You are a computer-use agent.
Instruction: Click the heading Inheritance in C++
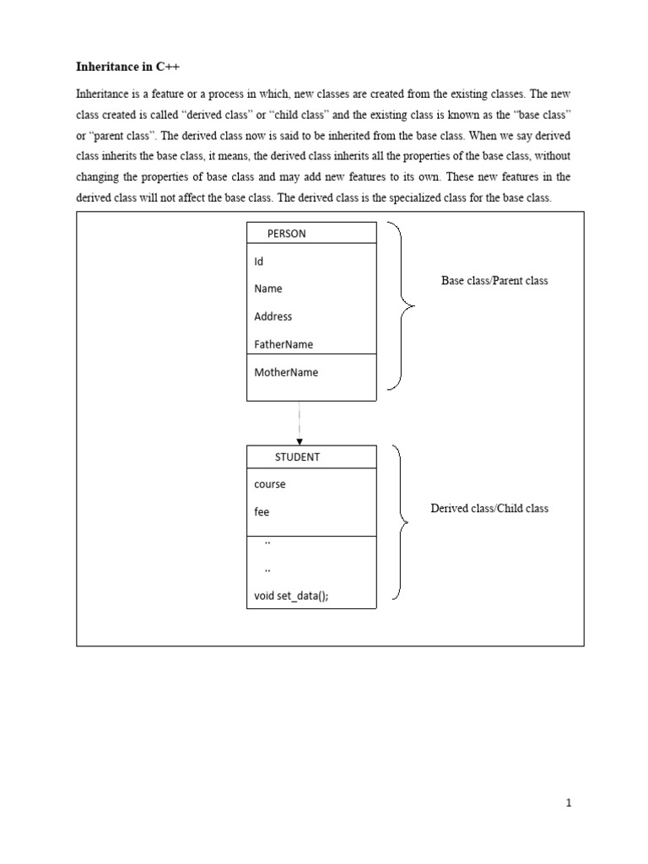pyautogui.click(x=127, y=65)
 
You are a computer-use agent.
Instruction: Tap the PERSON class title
pyautogui.click(x=286, y=234)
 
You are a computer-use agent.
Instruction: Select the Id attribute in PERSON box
pyautogui.click(x=259, y=262)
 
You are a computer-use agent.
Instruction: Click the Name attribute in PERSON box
pyautogui.click(x=268, y=289)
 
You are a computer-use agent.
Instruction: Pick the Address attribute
pyautogui.click(x=273, y=316)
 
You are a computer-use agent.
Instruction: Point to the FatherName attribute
pyautogui.click(x=283, y=344)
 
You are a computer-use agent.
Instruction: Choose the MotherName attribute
pyautogui.click(x=286, y=372)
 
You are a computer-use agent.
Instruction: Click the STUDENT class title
pyautogui.click(x=297, y=457)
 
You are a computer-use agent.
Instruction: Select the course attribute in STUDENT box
pyautogui.click(x=270, y=484)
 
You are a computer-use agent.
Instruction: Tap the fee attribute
pyautogui.click(x=262, y=512)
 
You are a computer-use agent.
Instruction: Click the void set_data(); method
pyautogui.click(x=291, y=596)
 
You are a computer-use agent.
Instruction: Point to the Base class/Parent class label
pyautogui.click(x=494, y=281)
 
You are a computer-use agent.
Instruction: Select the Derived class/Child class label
pyautogui.click(x=489, y=509)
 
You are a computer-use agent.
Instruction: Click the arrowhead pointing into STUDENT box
pyautogui.click(x=300, y=441)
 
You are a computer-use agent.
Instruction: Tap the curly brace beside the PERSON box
pyautogui.click(x=402, y=306)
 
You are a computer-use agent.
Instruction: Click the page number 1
pyautogui.click(x=569, y=803)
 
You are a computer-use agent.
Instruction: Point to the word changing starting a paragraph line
pyautogui.click(x=99, y=176)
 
